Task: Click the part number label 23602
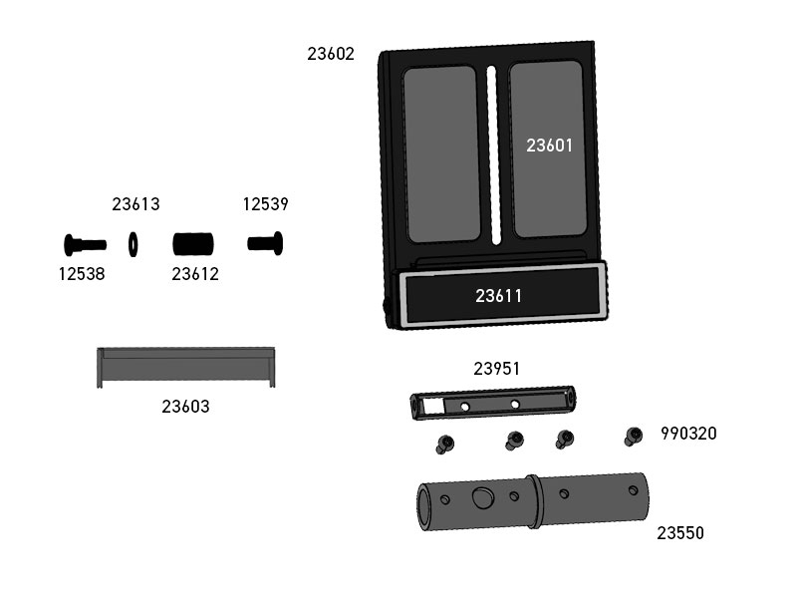tap(331, 54)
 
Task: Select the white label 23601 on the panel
tap(549, 146)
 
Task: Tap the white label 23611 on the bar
tap(498, 296)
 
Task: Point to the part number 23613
tap(135, 204)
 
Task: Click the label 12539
tap(265, 204)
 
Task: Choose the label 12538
tap(82, 274)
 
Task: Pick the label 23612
tap(195, 274)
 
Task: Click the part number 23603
tap(185, 407)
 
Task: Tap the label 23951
tap(496, 369)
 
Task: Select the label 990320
tap(688, 434)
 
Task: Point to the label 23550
tap(680, 533)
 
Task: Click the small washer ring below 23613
tap(133, 244)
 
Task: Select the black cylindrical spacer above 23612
tap(193, 244)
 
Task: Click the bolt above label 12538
tap(85, 245)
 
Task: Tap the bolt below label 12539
tap(265, 243)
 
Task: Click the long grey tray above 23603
tap(186, 368)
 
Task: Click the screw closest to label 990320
tap(633, 437)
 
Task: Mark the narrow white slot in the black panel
tap(493, 155)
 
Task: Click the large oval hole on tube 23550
tap(482, 497)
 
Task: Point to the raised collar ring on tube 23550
tap(534, 502)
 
